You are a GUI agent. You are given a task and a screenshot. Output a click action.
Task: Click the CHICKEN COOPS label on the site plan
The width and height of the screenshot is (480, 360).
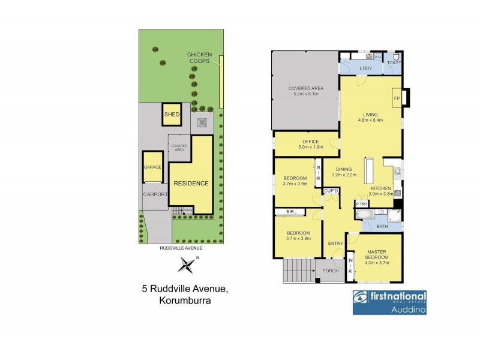[x=200, y=58]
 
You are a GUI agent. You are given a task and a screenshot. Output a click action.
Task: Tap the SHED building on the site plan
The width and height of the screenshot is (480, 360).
[x=172, y=115]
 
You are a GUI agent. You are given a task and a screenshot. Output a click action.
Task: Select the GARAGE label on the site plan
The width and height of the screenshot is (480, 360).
[x=152, y=167]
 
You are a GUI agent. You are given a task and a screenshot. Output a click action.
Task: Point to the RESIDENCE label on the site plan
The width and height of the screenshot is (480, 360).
[x=191, y=183]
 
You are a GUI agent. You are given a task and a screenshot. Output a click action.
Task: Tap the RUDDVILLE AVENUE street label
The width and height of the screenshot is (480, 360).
[x=181, y=247]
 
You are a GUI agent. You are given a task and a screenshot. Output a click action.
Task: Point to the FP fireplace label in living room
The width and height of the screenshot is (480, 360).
[x=397, y=98]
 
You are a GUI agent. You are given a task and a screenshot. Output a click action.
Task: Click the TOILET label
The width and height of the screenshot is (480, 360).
[x=394, y=62]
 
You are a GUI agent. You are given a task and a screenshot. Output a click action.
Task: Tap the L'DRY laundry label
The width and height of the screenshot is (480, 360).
[x=366, y=68]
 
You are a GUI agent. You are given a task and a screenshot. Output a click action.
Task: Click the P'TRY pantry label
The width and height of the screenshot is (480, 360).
[x=362, y=204]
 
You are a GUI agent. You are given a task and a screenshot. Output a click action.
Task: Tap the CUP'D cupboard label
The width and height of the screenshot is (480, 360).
[x=331, y=191]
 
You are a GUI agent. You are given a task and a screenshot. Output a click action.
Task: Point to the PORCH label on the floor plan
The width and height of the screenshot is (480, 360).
[x=331, y=271]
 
